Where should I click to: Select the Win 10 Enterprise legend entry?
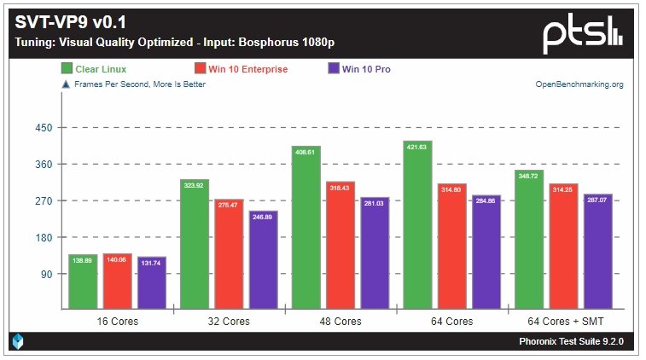click(242, 69)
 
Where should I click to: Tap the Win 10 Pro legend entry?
click(365, 69)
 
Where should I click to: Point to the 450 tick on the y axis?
click(44, 128)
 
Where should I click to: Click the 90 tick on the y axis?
click(46, 274)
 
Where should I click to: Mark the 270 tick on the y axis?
click(44, 201)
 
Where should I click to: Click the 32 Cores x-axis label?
click(229, 322)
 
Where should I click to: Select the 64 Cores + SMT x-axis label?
click(563, 322)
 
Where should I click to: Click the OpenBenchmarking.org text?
click(579, 84)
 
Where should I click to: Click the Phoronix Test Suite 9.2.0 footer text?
click(571, 341)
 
